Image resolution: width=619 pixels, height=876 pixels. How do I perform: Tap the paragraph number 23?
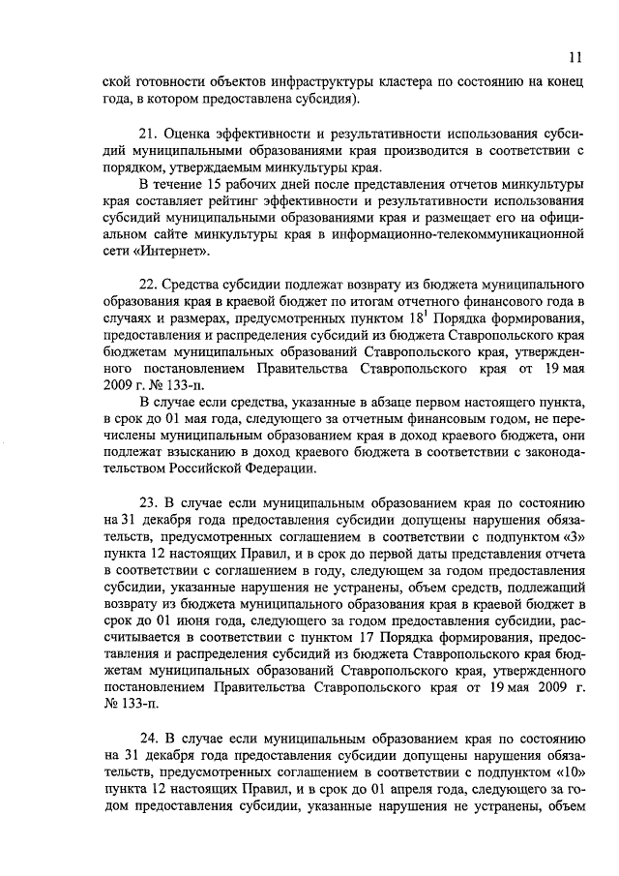pos(150,503)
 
